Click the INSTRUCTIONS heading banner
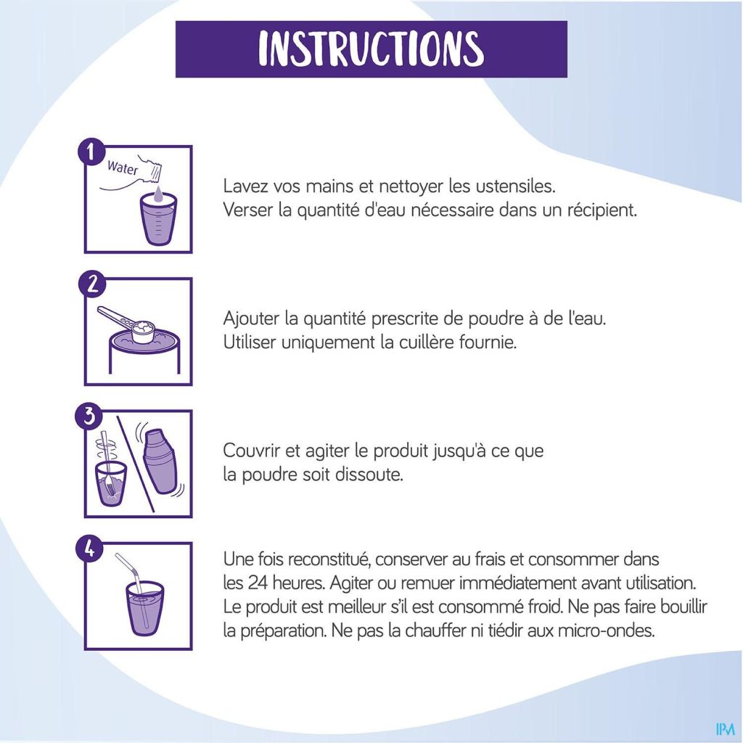(x=371, y=49)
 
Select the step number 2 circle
(x=91, y=284)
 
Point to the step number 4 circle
(x=89, y=549)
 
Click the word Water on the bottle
(x=122, y=168)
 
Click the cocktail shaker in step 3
(x=160, y=462)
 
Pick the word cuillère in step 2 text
(x=417, y=342)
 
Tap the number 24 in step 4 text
(x=258, y=583)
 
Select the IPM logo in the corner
(x=725, y=728)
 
